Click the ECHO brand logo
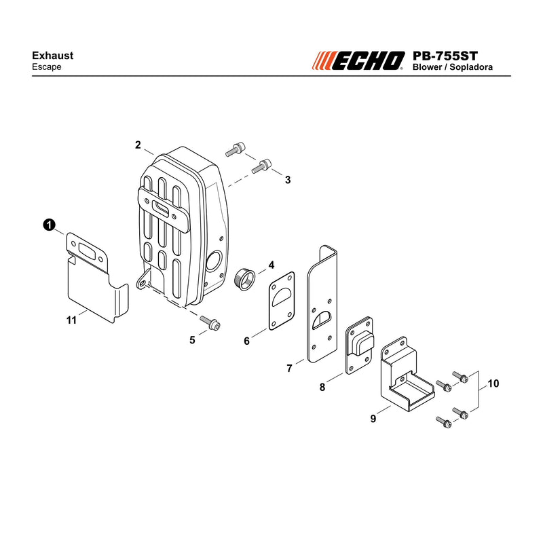(x=358, y=60)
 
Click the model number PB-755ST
(x=445, y=56)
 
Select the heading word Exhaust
(x=53, y=56)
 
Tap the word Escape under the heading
(x=46, y=67)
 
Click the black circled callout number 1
(x=49, y=225)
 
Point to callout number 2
(x=138, y=145)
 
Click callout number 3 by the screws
(x=288, y=180)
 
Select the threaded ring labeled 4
(x=245, y=279)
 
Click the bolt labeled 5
(x=210, y=322)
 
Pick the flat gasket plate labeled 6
(x=282, y=301)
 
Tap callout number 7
(x=290, y=368)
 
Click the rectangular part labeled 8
(x=360, y=345)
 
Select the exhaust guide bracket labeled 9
(x=407, y=374)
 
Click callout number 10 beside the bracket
(x=493, y=383)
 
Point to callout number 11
(x=71, y=320)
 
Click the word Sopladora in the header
(x=471, y=67)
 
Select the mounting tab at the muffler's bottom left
(x=143, y=280)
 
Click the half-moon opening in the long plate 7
(x=322, y=320)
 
